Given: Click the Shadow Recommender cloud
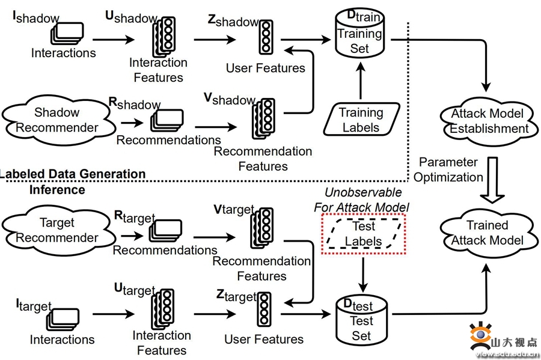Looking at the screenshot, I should click(x=57, y=120).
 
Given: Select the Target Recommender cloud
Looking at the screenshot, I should click(x=57, y=230).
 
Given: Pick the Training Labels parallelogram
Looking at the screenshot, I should click(x=361, y=120).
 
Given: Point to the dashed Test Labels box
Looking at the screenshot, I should click(x=364, y=234).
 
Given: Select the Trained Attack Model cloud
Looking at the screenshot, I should click(x=488, y=233).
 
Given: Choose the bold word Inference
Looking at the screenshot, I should click(x=57, y=190).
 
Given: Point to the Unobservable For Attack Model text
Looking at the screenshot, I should click(x=361, y=200).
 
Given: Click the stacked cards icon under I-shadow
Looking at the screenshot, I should click(x=67, y=34).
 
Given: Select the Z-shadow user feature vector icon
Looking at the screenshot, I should click(x=265, y=39).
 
